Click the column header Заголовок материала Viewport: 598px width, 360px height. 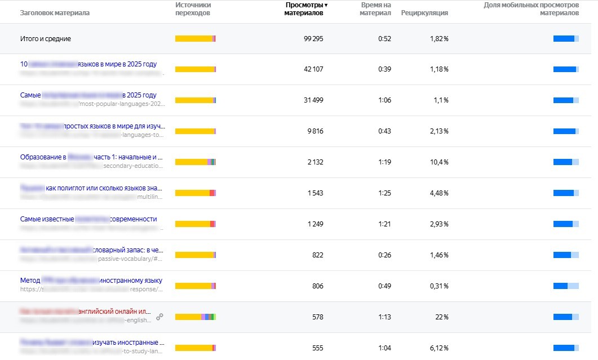[x=55, y=12]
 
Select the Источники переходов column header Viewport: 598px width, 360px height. [x=193, y=8]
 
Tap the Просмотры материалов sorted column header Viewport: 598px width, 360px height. [x=305, y=8]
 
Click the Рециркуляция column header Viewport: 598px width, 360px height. [x=424, y=13]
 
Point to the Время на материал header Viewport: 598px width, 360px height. [x=375, y=8]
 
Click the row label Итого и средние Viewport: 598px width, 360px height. [x=46, y=39]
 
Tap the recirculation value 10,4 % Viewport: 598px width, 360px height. [x=437, y=162]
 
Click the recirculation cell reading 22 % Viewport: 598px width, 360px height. [x=441, y=317]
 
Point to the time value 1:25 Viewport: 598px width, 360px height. [x=384, y=193]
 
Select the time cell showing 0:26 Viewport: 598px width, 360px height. [x=384, y=255]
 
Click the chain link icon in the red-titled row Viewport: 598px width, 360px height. [x=160, y=317]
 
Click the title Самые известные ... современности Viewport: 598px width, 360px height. [x=88, y=219]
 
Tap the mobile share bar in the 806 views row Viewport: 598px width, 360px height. [x=566, y=286]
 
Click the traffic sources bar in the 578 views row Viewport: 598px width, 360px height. [x=196, y=317]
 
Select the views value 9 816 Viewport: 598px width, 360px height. [x=314, y=131]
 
